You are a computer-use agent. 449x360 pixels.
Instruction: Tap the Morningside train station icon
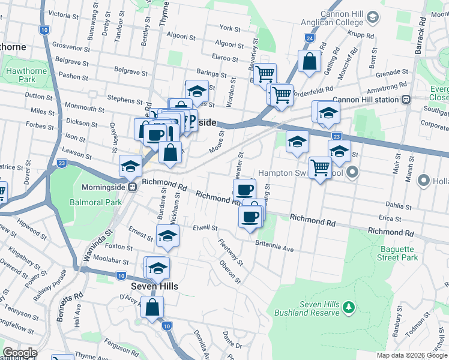click(136, 187)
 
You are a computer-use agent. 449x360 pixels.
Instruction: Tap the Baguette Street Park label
click(397, 253)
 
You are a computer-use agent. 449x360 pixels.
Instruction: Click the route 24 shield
click(309, 38)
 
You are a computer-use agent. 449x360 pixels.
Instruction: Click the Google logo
click(20, 352)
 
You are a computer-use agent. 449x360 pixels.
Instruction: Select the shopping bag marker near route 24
click(309, 61)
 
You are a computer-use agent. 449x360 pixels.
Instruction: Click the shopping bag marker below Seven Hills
click(152, 308)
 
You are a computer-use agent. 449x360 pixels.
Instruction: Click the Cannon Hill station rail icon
click(406, 100)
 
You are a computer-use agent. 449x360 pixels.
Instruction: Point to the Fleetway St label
click(232, 253)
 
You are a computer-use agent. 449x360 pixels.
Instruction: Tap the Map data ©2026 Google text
click(411, 355)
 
